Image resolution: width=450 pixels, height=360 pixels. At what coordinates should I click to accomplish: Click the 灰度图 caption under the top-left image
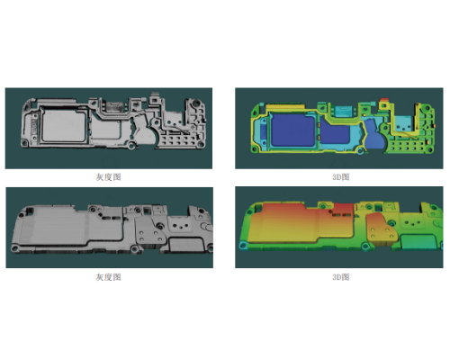(108, 177)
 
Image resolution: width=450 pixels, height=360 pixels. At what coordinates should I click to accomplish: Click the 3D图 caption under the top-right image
(341, 177)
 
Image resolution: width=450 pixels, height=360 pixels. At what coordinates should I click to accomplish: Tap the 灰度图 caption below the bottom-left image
(108, 277)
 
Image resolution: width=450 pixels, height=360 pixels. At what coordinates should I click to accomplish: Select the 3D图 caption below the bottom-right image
(341, 277)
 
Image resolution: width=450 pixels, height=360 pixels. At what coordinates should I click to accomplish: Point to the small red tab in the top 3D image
(384, 100)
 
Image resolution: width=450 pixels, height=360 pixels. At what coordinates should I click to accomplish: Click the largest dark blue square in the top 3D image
(292, 130)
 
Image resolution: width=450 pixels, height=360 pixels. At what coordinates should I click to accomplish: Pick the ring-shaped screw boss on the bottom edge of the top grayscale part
(131, 146)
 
